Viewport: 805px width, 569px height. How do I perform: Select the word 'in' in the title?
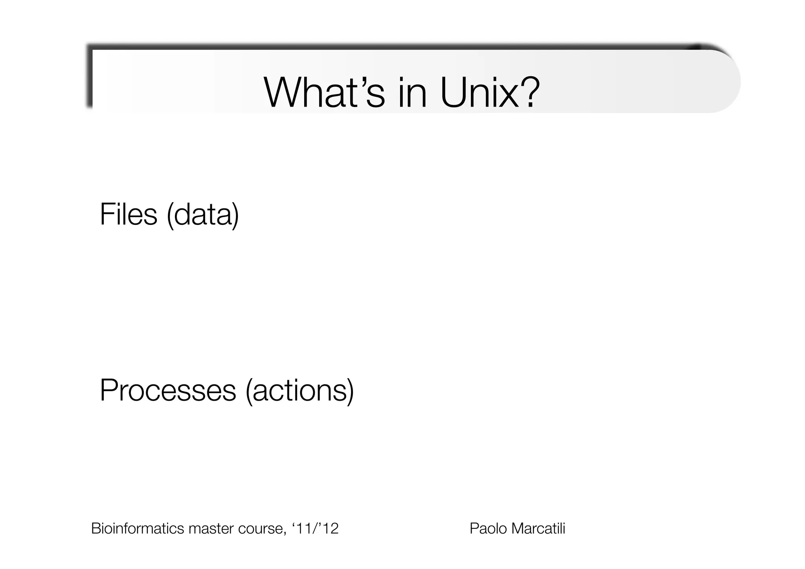point(412,93)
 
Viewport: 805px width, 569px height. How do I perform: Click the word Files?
point(128,214)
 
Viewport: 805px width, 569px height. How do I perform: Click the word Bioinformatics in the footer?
point(138,528)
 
